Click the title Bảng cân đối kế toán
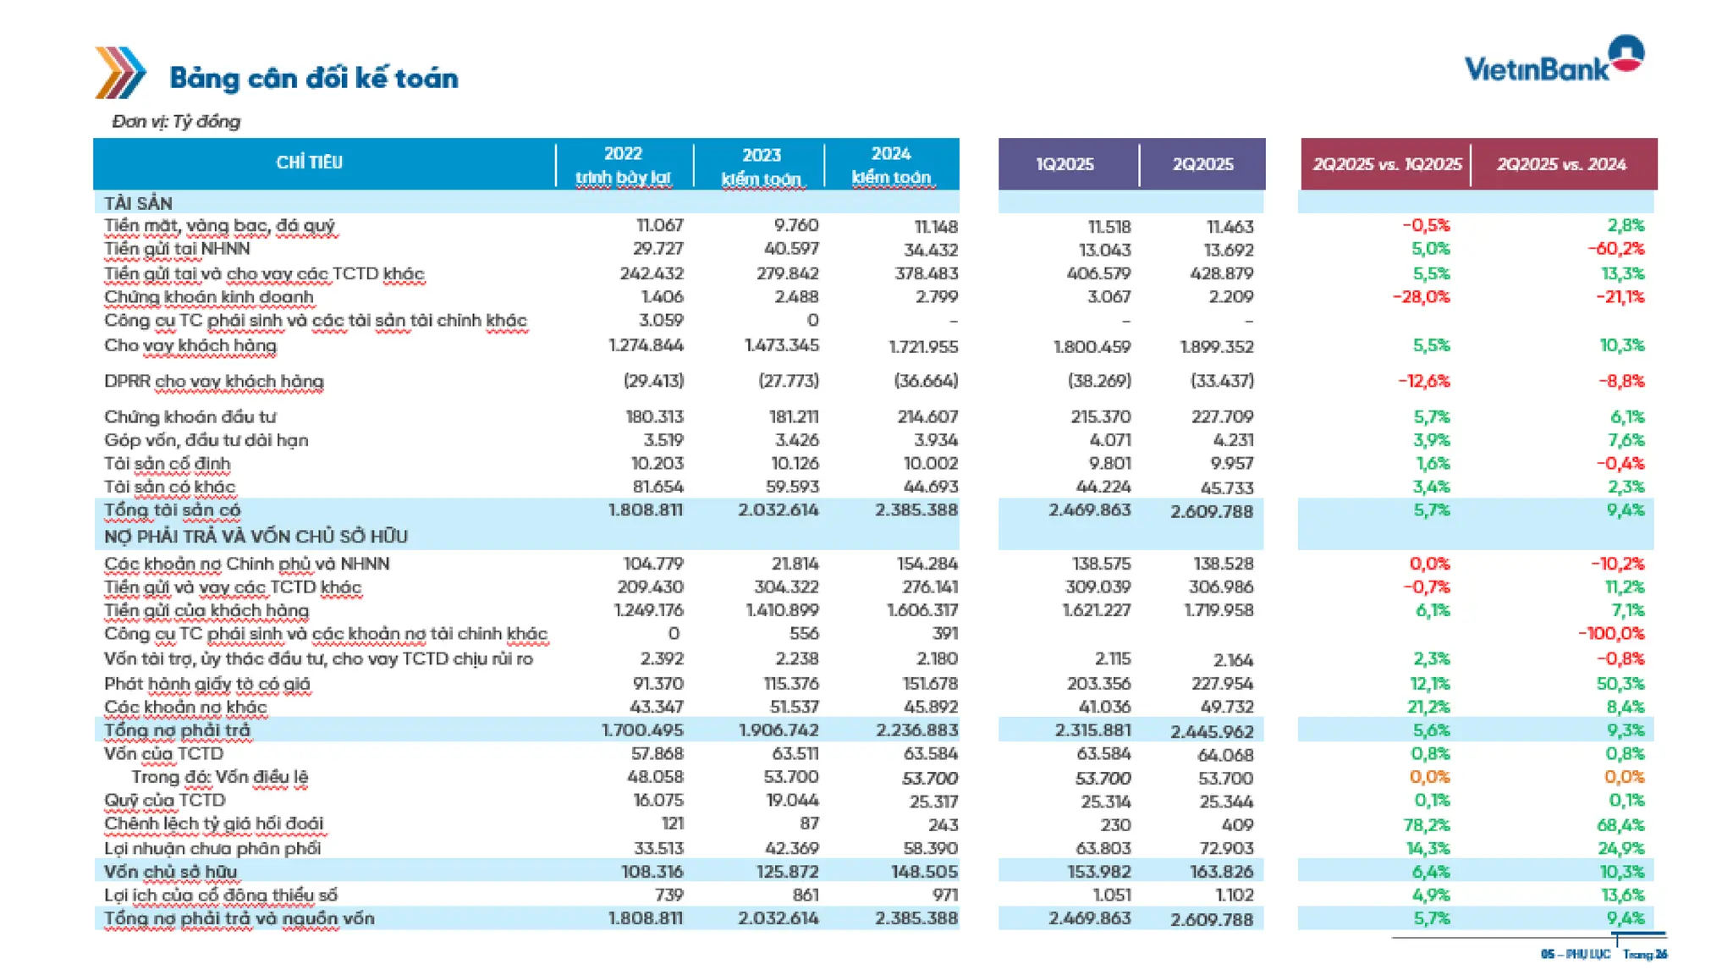point(314,79)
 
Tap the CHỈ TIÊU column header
point(309,162)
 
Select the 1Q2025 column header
point(1065,164)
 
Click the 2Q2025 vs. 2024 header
point(1561,164)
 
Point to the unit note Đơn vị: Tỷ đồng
point(176,122)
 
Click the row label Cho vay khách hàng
point(190,345)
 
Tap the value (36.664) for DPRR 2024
point(926,381)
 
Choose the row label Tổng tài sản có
point(172,510)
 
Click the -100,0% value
point(1611,634)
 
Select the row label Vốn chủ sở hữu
point(170,872)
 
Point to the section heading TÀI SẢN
point(138,203)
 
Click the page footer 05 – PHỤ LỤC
point(1575,955)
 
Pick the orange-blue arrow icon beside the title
point(119,73)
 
